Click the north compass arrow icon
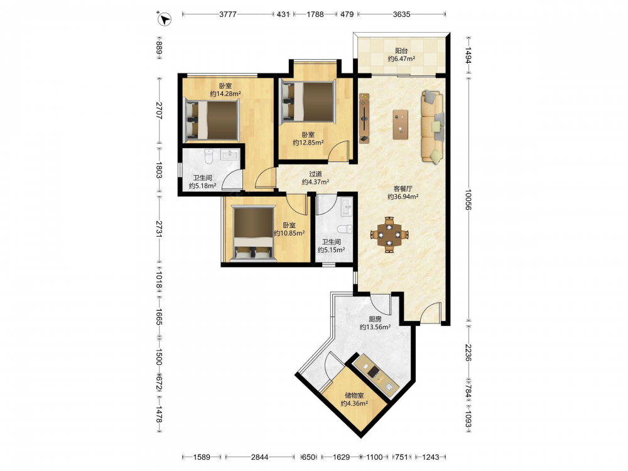click(164, 19)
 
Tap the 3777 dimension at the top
click(228, 14)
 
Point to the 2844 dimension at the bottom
click(259, 457)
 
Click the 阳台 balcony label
click(401, 51)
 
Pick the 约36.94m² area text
click(403, 197)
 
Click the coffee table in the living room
click(401, 124)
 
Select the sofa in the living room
click(433, 127)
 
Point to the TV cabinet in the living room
click(364, 118)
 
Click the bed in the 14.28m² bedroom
click(212, 119)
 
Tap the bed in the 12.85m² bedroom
click(308, 101)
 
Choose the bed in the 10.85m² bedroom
click(253, 234)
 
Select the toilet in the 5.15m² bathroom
click(344, 229)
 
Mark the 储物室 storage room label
click(354, 395)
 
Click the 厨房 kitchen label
click(375, 319)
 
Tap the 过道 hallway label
click(315, 174)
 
